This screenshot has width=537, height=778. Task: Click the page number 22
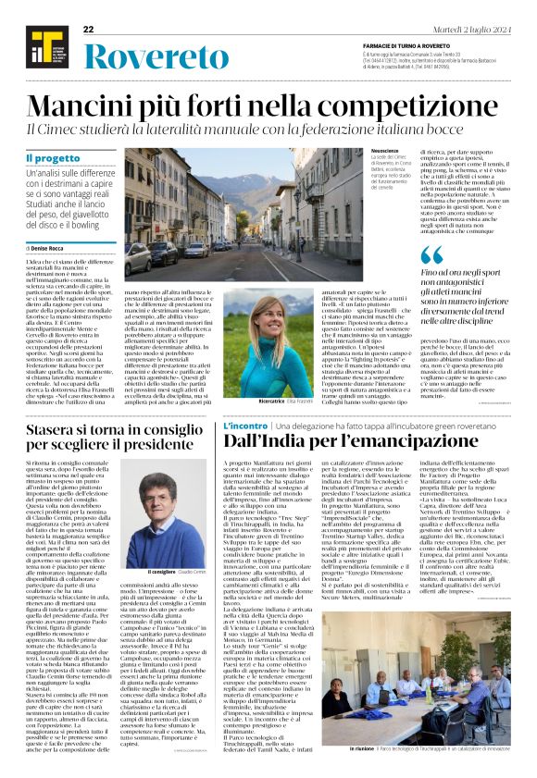pyautogui.click(x=89, y=30)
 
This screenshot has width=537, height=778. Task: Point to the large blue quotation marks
pyautogui.click(x=431, y=254)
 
